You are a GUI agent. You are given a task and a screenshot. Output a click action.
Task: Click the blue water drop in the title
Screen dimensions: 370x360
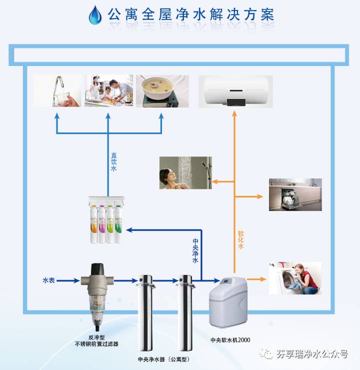pos(94,15)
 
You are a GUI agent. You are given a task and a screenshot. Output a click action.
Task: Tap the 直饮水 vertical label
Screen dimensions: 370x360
pos(114,162)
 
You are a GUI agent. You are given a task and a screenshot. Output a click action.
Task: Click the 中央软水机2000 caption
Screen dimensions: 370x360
pos(230,340)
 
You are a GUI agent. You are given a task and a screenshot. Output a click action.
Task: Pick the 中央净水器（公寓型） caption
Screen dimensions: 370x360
pos(164,359)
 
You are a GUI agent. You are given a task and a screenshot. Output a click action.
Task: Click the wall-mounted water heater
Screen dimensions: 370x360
pos(235,91)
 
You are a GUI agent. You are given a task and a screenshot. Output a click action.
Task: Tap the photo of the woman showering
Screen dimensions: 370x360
pos(185,172)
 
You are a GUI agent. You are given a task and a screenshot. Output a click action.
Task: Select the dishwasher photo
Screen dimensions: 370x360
pos(295,194)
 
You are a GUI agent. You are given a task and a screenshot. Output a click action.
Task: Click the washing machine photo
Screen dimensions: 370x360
pos(295,278)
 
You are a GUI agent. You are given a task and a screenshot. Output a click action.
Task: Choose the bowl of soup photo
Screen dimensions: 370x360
pos(162,91)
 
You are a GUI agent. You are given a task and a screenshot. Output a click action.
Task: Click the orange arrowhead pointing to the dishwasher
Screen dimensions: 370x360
pos(259,196)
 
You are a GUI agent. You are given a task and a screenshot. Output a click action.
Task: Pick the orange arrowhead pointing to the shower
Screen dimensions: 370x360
pos(213,180)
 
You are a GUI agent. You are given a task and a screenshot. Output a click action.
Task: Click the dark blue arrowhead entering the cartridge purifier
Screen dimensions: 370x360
pos(128,229)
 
